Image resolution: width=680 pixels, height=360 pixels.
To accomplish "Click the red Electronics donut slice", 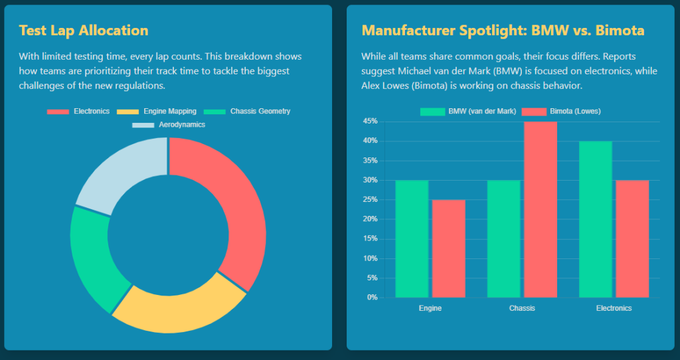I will tap(239, 213).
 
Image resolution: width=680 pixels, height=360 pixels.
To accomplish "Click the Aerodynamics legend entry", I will tap(169, 125).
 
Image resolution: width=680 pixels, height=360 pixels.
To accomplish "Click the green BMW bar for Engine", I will tap(412, 239).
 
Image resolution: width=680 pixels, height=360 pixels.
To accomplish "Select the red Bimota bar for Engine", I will tap(448, 249).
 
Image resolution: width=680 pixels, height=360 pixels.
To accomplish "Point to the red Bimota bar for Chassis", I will tap(540, 209).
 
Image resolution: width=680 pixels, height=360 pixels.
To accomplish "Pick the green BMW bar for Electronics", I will tap(596, 219).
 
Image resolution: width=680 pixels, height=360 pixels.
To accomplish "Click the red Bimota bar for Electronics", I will tap(632, 239).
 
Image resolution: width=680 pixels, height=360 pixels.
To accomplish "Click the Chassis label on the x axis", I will tap(522, 308).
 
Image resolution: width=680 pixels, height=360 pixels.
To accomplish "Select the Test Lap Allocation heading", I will tap(84, 31).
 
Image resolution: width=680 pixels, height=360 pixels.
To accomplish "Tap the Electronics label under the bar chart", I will tap(614, 308).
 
